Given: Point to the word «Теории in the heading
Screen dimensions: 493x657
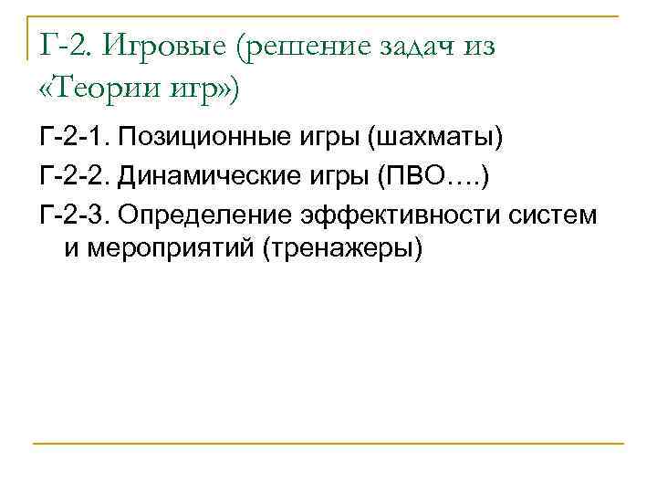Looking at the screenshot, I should (x=98, y=89).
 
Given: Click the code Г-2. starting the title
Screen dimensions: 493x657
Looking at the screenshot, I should (x=67, y=47).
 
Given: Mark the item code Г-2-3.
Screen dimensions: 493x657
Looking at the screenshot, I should (x=78, y=215).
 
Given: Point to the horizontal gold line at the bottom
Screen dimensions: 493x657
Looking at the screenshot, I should (x=328, y=444).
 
